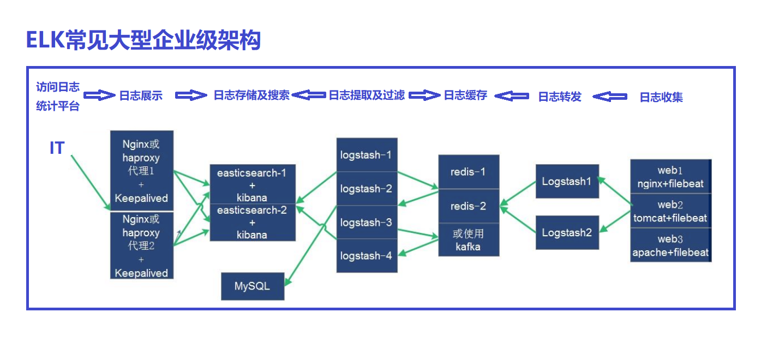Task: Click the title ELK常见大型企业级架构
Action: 143,40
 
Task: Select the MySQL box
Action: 253,286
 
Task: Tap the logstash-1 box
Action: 367,155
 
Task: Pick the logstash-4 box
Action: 367,256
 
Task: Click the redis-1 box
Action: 469,172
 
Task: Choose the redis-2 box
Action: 469,206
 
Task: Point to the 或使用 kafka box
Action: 469,240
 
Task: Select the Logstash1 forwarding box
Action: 567,181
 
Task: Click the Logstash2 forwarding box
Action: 567,232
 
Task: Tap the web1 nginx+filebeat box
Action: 670,177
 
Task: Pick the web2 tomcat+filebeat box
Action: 670,211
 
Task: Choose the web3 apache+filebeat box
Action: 670,245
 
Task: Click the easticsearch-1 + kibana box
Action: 253,185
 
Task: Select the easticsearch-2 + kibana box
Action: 253,223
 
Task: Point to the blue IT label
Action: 57,148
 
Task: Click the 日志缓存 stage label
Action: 465,95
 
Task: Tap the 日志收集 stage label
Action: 661,97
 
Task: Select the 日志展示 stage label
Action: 141,96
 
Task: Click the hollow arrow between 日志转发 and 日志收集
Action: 610,97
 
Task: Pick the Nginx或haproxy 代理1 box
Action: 142,171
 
